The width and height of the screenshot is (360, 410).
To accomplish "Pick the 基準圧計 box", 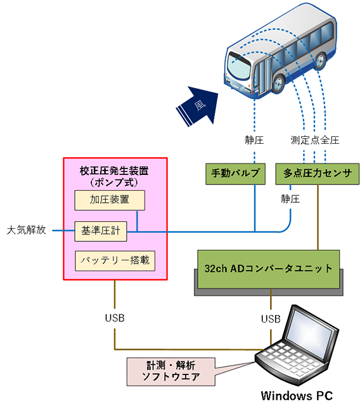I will [100, 231].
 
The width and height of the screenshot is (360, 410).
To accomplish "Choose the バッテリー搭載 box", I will [114, 260].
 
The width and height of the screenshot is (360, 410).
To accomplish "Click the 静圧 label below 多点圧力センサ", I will [291, 199].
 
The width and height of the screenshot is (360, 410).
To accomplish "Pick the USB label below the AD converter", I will [271, 317].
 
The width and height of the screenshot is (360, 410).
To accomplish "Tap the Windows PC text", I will [297, 396].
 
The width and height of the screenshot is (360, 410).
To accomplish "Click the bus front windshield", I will [240, 63].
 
